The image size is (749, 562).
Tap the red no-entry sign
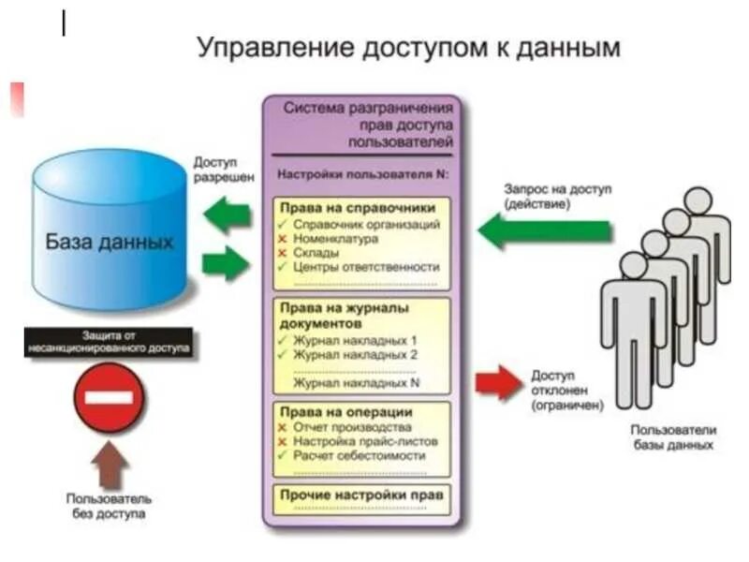point(109,398)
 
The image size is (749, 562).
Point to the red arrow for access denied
point(496,383)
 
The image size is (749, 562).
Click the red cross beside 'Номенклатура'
point(283,239)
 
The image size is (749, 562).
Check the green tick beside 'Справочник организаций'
point(283,225)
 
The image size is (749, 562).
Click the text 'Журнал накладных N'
point(355,383)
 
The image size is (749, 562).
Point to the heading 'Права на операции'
point(345,412)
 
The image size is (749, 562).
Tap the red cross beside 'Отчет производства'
point(283,427)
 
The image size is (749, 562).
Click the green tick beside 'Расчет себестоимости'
point(283,455)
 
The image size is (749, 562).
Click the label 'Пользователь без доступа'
point(109,506)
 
